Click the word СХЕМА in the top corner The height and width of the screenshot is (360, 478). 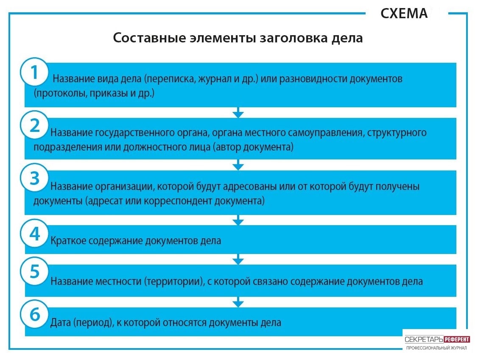404,14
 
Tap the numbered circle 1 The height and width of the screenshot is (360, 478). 34,72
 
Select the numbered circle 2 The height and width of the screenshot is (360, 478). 34,125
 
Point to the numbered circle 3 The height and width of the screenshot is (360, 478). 34,178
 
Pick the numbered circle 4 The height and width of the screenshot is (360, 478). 34,234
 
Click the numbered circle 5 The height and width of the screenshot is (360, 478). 34,271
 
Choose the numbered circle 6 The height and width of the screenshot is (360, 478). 34,314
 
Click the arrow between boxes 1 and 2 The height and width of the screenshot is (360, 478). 238,112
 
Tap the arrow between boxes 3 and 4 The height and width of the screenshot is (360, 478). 238,220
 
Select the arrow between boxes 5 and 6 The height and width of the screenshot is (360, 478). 238,302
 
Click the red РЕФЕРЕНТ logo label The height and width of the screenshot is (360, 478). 457,340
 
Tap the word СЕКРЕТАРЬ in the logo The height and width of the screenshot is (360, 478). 424,340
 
